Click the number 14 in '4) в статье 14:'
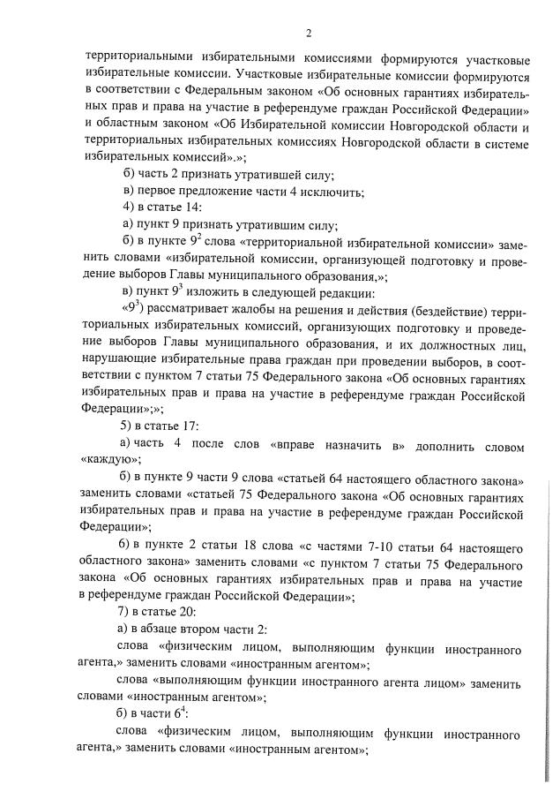click(x=192, y=208)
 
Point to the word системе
click(x=499, y=142)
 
